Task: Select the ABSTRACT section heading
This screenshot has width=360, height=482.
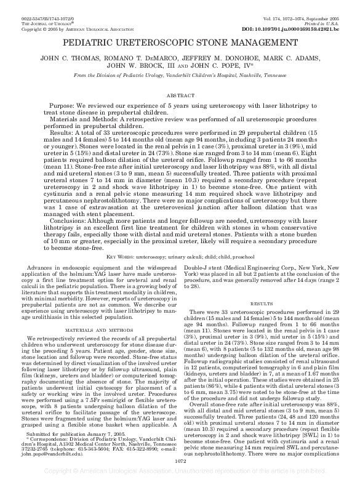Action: coord(180,96)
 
